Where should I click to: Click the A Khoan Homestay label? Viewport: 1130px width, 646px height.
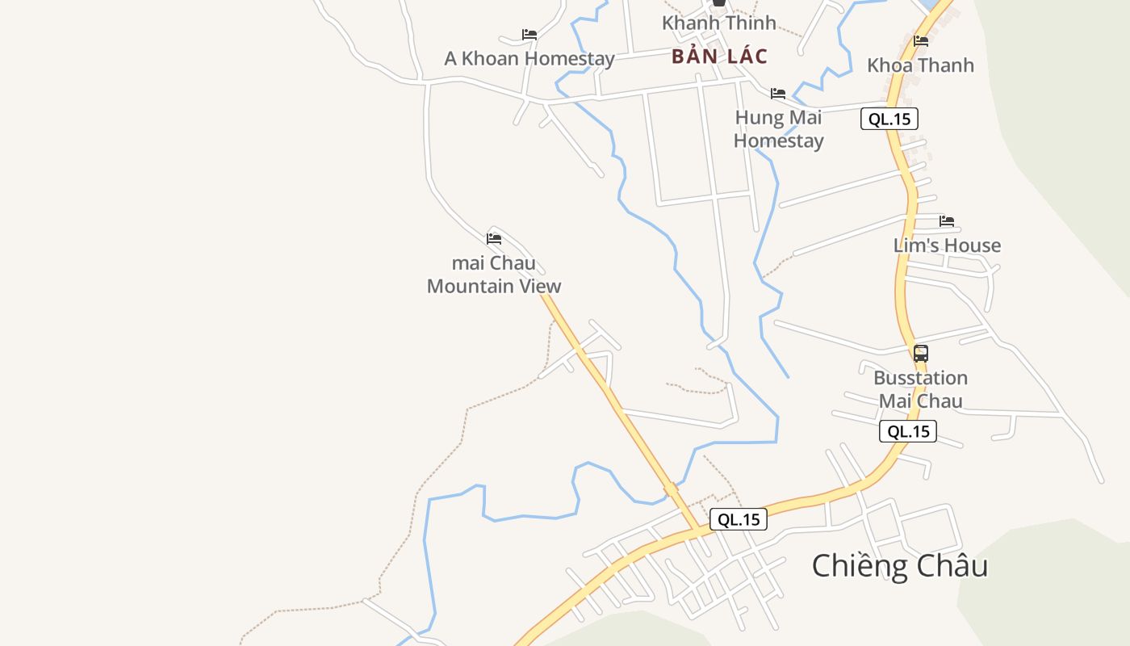[529, 58]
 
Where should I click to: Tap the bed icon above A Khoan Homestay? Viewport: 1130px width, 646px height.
[529, 34]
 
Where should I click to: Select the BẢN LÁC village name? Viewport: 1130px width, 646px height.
[719, 57]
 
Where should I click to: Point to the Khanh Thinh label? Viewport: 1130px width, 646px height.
[718, 23]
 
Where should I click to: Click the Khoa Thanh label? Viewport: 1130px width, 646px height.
[920, 65]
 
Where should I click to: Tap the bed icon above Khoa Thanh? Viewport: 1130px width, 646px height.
[921, 40]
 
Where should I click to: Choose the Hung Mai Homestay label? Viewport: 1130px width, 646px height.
[778, 128]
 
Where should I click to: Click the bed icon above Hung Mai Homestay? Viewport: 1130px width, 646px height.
[778, 94]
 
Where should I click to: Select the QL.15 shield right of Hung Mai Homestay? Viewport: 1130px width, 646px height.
[889, 120]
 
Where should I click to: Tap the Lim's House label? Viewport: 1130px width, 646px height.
[947, 245]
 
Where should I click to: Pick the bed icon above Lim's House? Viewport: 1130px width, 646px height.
[947, 220]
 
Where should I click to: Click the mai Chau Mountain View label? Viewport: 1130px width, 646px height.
[494, 275]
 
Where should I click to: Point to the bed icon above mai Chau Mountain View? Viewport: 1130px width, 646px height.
[494, 239]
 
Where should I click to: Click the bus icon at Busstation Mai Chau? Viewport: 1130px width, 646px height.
[921, 353]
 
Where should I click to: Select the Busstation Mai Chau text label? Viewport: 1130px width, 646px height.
[920, 389]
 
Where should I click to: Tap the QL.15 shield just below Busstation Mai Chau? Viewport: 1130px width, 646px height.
[908, 431]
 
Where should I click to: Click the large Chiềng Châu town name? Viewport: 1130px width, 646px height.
[899, 565]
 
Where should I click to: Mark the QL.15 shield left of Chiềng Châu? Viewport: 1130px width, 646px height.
[739, 519]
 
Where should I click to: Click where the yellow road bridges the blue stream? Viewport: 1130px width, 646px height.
[671, 489]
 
